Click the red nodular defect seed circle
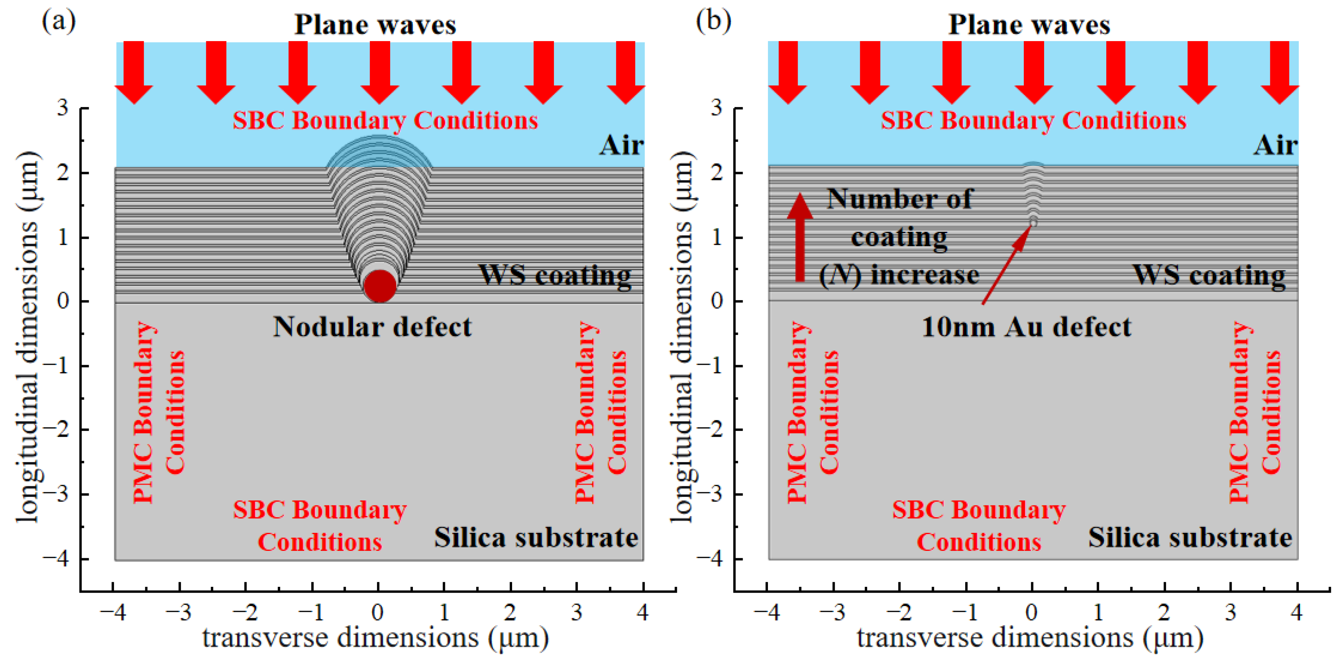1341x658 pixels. (380, 285)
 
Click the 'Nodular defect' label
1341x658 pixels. (372, 327)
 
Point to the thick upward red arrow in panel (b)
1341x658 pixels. (800, 237)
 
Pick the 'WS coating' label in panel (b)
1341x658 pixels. (1209, 274)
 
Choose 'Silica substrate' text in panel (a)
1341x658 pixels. (536, 538)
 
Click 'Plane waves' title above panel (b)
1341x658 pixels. (1029, 25)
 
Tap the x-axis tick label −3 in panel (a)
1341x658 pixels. (178, 613)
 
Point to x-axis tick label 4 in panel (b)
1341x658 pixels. (1296, 613)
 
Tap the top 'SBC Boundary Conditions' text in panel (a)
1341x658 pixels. (385, 121)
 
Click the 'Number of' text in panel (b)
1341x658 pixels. (899, 199)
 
